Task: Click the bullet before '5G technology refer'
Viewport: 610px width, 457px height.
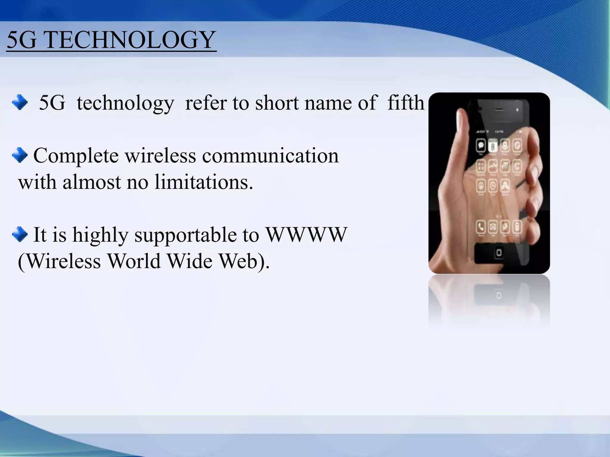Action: [x=20, y=102]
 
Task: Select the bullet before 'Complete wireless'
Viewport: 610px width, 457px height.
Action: [x=20, y=155]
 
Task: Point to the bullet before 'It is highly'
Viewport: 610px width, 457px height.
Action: [x=20, y=234]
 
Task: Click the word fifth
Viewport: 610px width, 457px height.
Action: [x=406, y=103]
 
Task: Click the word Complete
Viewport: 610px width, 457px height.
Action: [x=76, y=156]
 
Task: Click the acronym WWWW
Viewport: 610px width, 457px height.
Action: [x=306, y=234]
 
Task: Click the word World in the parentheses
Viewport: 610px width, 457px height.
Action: [x=134, y=261]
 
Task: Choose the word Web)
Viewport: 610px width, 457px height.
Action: [x=244, y=261]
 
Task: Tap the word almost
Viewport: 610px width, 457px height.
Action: [x=92, y=182]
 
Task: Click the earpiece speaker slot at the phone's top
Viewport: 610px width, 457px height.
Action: [x=499, y=110]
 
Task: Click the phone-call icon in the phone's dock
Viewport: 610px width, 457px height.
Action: [x=481, y=227]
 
